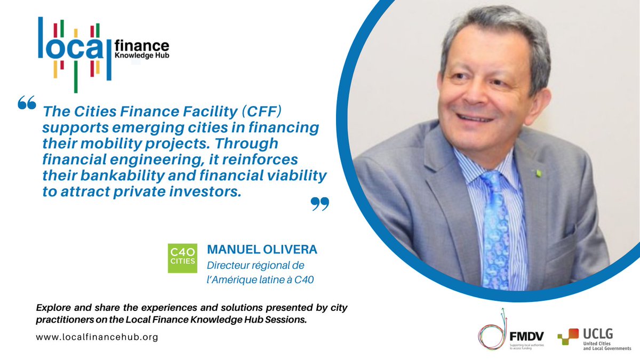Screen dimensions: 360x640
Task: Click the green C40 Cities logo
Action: (182, 258)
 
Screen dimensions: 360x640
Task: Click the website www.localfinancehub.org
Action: (97, 337)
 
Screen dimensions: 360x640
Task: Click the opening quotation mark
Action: (26, 102)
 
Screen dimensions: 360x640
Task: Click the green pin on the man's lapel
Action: (539, 173)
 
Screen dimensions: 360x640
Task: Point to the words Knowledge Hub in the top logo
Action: (141, 55)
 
